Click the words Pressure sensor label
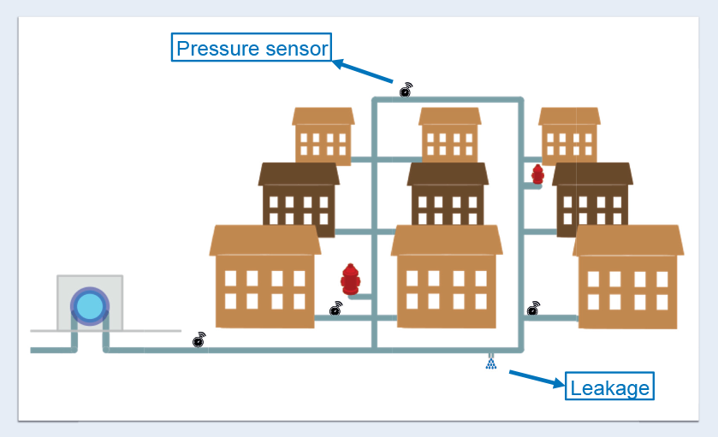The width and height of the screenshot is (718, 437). tap(252, 48)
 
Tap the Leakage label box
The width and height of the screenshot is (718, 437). tap(609, 387)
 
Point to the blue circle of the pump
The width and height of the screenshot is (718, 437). tap(88, 305)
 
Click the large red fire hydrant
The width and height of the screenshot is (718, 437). tap(350, 279)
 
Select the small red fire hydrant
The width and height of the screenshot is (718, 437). tap(537, 174)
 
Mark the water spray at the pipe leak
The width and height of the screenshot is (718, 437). tap(491, 363)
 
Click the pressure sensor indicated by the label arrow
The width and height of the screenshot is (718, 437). tap(406, 89)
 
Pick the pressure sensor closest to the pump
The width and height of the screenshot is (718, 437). tap(199, 340)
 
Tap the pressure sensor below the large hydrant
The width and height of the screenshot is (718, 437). tap(336, 309)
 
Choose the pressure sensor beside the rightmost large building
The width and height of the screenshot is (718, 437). tap(533, 308)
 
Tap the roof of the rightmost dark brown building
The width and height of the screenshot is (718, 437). tap(592, 174)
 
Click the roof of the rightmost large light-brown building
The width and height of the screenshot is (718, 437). tap(628, 240)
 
